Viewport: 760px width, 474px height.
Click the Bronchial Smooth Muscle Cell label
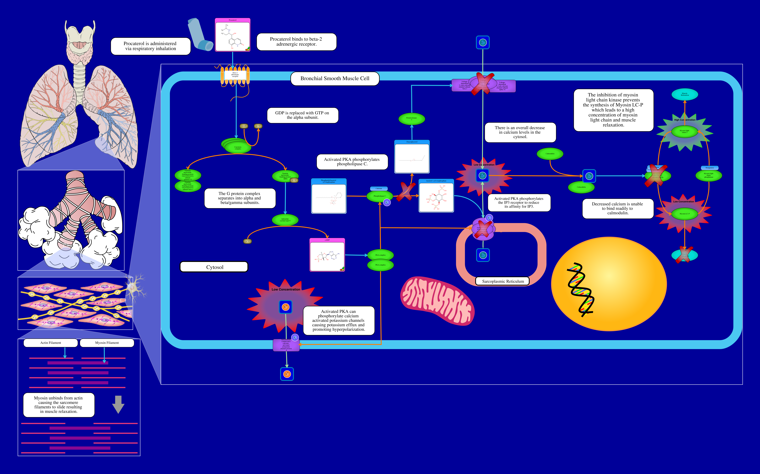[x=335, y=78]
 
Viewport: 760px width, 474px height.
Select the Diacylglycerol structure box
[x=412, y=157]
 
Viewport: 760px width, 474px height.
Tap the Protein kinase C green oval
[x=411, y=119]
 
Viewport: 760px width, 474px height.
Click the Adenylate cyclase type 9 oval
[x=285, y=220]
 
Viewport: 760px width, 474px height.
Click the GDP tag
[x=244, y=126]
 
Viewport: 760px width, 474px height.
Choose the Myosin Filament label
[x=107, y=343]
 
